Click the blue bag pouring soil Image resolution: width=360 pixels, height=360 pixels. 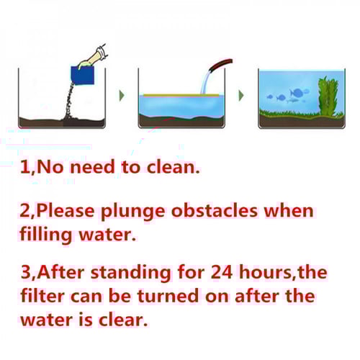[x=82, y=75]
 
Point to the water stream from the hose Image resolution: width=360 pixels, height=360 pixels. [x=205, y=82]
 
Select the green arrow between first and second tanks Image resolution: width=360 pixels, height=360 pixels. [x=122, y=96]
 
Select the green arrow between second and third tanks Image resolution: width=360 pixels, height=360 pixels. [x=241, y=96]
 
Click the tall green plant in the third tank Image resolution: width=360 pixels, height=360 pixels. [x=328, y=96]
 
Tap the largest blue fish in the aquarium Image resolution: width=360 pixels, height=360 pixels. [x=297, y=92]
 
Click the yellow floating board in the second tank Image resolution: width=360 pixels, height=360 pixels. [x=181, y=95]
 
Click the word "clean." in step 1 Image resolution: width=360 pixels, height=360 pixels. [x=173, y=167]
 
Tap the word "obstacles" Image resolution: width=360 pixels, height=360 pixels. [x=215, y=210]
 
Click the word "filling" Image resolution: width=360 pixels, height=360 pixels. [x=46, y=235]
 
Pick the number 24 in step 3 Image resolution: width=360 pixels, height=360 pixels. [x=222, y=272]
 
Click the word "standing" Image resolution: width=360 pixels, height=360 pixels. [x=131, y=274]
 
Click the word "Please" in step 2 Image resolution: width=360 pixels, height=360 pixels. [x=66, y=210]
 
